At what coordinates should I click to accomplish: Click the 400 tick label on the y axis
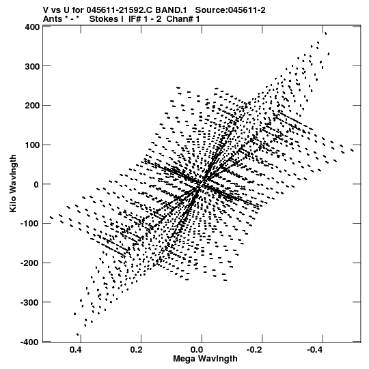tap(32, 27)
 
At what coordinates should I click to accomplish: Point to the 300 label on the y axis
tap(32, 66)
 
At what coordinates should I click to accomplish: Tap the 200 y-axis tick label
tap(32, 106)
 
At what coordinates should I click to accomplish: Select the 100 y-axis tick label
tap(32, 145)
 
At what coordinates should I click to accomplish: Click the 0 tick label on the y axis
tap(36, 184)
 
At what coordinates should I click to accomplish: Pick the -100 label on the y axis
tap(30, 224)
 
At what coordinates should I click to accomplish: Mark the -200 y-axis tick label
tap(30, 263)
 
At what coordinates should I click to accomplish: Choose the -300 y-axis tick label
tap(30, 302)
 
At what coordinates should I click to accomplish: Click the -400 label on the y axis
tap(30, 342)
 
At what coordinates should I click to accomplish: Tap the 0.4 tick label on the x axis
tap(76, 350)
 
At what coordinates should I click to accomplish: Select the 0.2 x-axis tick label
tap(137, 350)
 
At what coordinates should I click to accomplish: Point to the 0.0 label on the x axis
tap(197, 350)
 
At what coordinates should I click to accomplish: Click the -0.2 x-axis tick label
tap(256, 350)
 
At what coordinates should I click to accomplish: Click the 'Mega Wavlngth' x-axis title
tap(205, 359)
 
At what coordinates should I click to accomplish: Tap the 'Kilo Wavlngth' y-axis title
tap(13, 183)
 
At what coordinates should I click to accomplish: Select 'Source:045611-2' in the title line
tap(230, 10)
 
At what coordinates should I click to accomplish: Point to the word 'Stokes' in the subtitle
tap(107, 19)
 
